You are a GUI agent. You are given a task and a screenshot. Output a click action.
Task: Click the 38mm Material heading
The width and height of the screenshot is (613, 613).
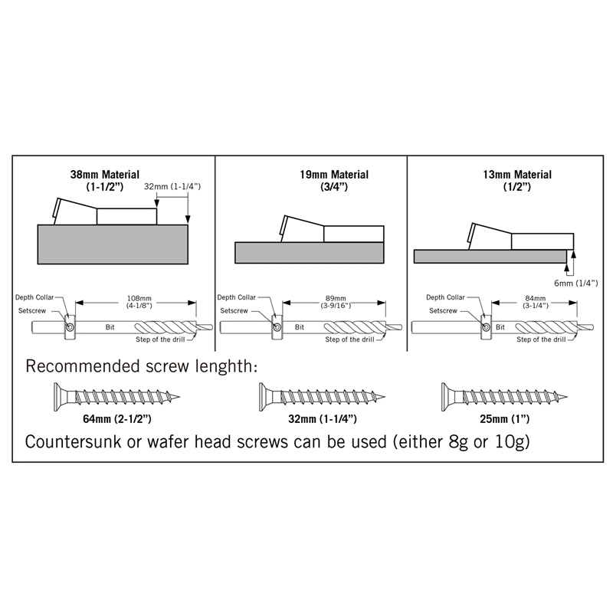[x=105, y=180]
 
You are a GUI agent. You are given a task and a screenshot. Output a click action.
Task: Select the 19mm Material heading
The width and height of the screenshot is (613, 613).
[x=334, y=180]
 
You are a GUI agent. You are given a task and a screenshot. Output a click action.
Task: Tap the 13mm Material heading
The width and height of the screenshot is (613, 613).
[x=517, y=180]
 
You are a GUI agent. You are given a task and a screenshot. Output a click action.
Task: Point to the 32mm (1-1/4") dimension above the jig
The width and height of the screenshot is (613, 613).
[x=172, y=186]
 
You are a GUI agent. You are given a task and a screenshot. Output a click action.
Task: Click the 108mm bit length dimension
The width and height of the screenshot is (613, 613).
[x=139, y=302]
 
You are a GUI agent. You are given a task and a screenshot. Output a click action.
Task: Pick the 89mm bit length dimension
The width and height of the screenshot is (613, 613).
[x=336, y=302]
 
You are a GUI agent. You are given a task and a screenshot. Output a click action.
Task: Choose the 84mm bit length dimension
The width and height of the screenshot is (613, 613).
[x=535, y=302]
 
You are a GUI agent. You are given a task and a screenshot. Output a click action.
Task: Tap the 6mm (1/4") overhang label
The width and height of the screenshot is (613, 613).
[x=576, y=283]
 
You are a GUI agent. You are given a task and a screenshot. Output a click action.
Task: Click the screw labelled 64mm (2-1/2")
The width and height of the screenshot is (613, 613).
[x=117, y=397]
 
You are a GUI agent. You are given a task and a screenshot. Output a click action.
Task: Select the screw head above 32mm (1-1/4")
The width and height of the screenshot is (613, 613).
[x=263, y=397]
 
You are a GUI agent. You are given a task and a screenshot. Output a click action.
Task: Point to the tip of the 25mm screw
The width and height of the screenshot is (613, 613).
[x=567, y=397]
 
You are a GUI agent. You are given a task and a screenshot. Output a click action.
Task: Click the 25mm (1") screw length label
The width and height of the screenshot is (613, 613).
[x=505, y=419]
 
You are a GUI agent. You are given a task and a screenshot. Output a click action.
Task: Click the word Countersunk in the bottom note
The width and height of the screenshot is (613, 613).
[x=74, y=442]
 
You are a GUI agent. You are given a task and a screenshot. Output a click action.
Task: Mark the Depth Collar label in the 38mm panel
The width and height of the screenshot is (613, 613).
[x=34, y=297]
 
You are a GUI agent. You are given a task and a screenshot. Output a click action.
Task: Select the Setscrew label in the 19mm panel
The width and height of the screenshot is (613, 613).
[x=234, y=311]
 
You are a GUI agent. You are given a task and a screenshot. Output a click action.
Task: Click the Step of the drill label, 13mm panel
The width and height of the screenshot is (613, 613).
[x=541, y=339]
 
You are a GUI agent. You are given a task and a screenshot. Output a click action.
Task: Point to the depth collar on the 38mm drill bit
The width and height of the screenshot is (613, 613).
[x=70, y=327]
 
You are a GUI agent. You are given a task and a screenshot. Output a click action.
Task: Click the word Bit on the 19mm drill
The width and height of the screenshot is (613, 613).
[x=300, y=327]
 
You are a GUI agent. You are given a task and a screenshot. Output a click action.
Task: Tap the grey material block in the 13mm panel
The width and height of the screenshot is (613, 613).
[x=490, y=257]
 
